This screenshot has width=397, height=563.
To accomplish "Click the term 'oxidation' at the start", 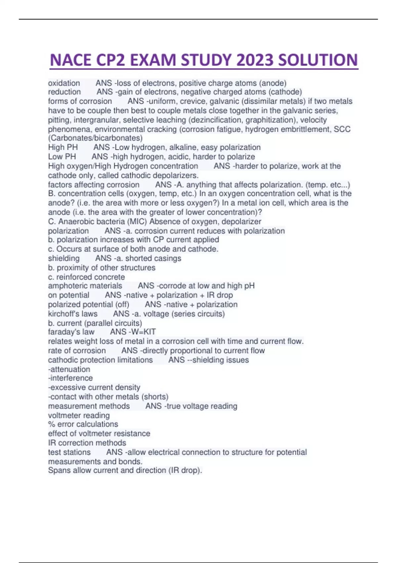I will pyautogui.click(x=64, y=83).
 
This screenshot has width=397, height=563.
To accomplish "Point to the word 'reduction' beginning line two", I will pyautogui.click(x=64, y=92).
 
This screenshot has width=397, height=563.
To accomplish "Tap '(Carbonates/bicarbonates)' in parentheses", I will pyautogui.click(x=95, y=138).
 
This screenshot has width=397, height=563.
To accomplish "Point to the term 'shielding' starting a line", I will pyautogui.click(x=64, y=258).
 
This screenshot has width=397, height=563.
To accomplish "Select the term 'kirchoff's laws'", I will pyautogui.click(x=73, y=314).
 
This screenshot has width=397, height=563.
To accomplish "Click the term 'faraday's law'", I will pyautogui.click(x=71, y=332).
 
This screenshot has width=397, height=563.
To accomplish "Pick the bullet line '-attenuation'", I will pyautogui.click(x=69, y=369).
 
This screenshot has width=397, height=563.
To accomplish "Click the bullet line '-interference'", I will pyautogui.click(x=70, y=378).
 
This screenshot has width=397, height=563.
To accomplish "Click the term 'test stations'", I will pyautogui.click(x=69, y=452).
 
